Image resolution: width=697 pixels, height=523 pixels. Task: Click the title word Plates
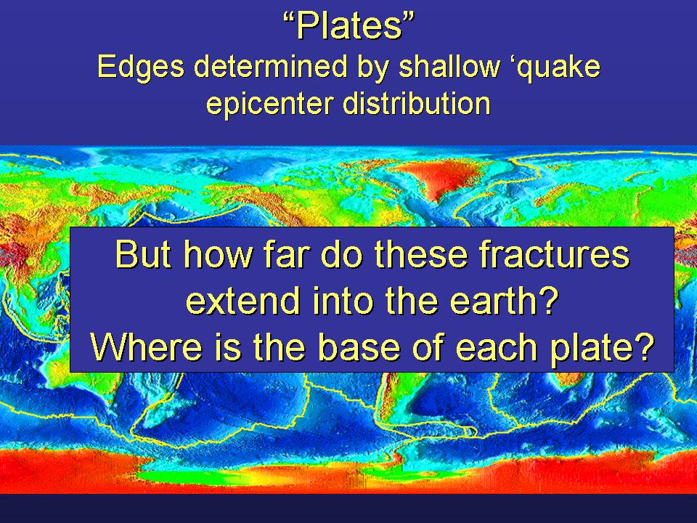click(349, 26)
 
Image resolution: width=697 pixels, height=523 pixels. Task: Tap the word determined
click(270, 66)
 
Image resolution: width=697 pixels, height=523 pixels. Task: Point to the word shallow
click(449, 66)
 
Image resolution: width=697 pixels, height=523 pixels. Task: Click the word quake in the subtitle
click(561, 68)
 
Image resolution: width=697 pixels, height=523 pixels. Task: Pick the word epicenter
click(270, 104)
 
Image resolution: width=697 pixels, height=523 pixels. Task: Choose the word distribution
click(417, 102)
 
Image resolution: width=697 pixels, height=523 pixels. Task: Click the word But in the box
click(143, 254)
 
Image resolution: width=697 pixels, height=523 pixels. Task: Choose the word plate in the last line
click(591, 348)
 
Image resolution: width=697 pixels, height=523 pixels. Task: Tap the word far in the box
click(288, 254)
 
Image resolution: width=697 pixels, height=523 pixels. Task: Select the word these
click(421, 254)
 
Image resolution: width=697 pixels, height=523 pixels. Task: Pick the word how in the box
click(218, 254)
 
